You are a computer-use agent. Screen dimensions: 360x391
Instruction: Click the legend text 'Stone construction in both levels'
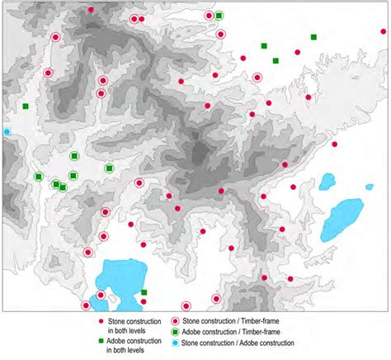coord(131,324)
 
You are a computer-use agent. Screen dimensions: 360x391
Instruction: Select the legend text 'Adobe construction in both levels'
coord(131,343)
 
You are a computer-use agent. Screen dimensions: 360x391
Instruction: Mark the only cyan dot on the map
coord(7,131)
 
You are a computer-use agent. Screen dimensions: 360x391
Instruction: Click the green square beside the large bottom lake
coord(144,292)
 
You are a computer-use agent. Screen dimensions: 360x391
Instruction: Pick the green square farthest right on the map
coord(313,37)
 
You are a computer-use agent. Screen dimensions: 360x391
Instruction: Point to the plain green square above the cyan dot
coord(26,106)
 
